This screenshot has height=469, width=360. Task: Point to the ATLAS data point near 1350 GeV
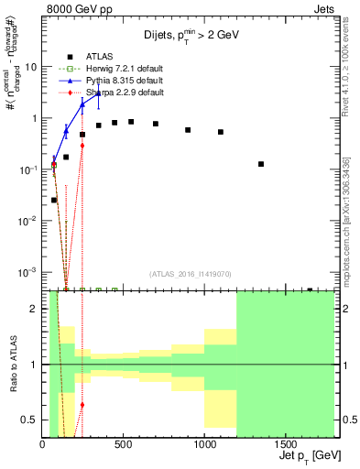(x=261, y=164)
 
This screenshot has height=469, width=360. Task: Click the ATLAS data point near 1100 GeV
(x=221, y=132)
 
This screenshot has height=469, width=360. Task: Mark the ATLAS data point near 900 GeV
(x=188, y=130)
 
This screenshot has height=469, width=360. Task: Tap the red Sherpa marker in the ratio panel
(x=82, y=404)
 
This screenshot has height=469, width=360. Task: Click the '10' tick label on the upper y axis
(x=31, y=67)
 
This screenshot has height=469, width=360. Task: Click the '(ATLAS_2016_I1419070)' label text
(x=190, y=272)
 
